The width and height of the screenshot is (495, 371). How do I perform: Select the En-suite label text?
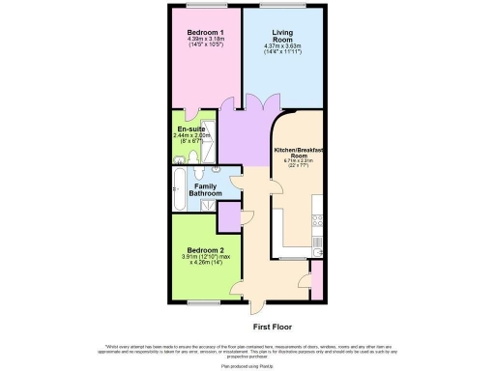click(x=190, y=129)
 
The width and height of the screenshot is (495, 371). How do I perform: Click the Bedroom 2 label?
click(x=204, y=249)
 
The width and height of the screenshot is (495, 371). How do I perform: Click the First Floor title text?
click(x=274, y=328)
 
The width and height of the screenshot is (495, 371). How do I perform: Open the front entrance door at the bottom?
click(x=254, y=308)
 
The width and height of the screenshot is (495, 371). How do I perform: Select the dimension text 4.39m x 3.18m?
click(x=205, y=40)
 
